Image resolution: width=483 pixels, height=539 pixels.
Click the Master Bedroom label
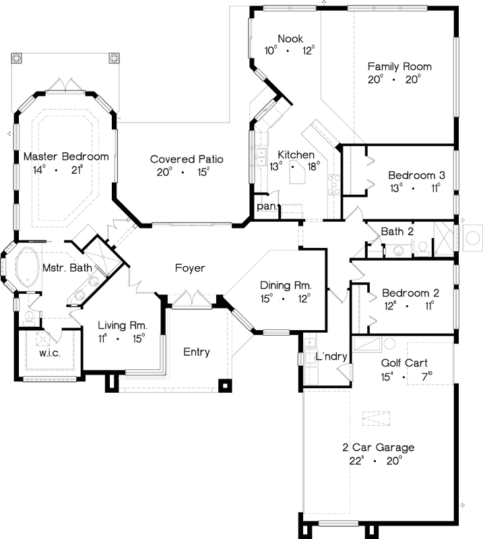(x=65, y=156)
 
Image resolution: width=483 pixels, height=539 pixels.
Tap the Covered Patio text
(x=187, y=160)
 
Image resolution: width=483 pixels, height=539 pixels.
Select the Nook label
(x=290, y=39)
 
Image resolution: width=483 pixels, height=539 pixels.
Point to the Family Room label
(x=399, y=67)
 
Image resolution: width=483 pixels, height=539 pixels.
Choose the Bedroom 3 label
(x=412, y=175)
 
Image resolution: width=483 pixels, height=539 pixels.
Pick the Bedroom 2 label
(x=410, y=293)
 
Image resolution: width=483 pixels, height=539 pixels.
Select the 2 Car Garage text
(x=377, y=447)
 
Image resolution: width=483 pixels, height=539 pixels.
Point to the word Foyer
(x=189, y=268)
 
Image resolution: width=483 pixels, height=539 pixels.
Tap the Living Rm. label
(x=123, y=325)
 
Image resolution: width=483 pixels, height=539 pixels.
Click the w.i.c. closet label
(x=50, y=352)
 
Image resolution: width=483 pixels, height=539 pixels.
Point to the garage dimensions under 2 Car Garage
(x=377, y=461)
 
